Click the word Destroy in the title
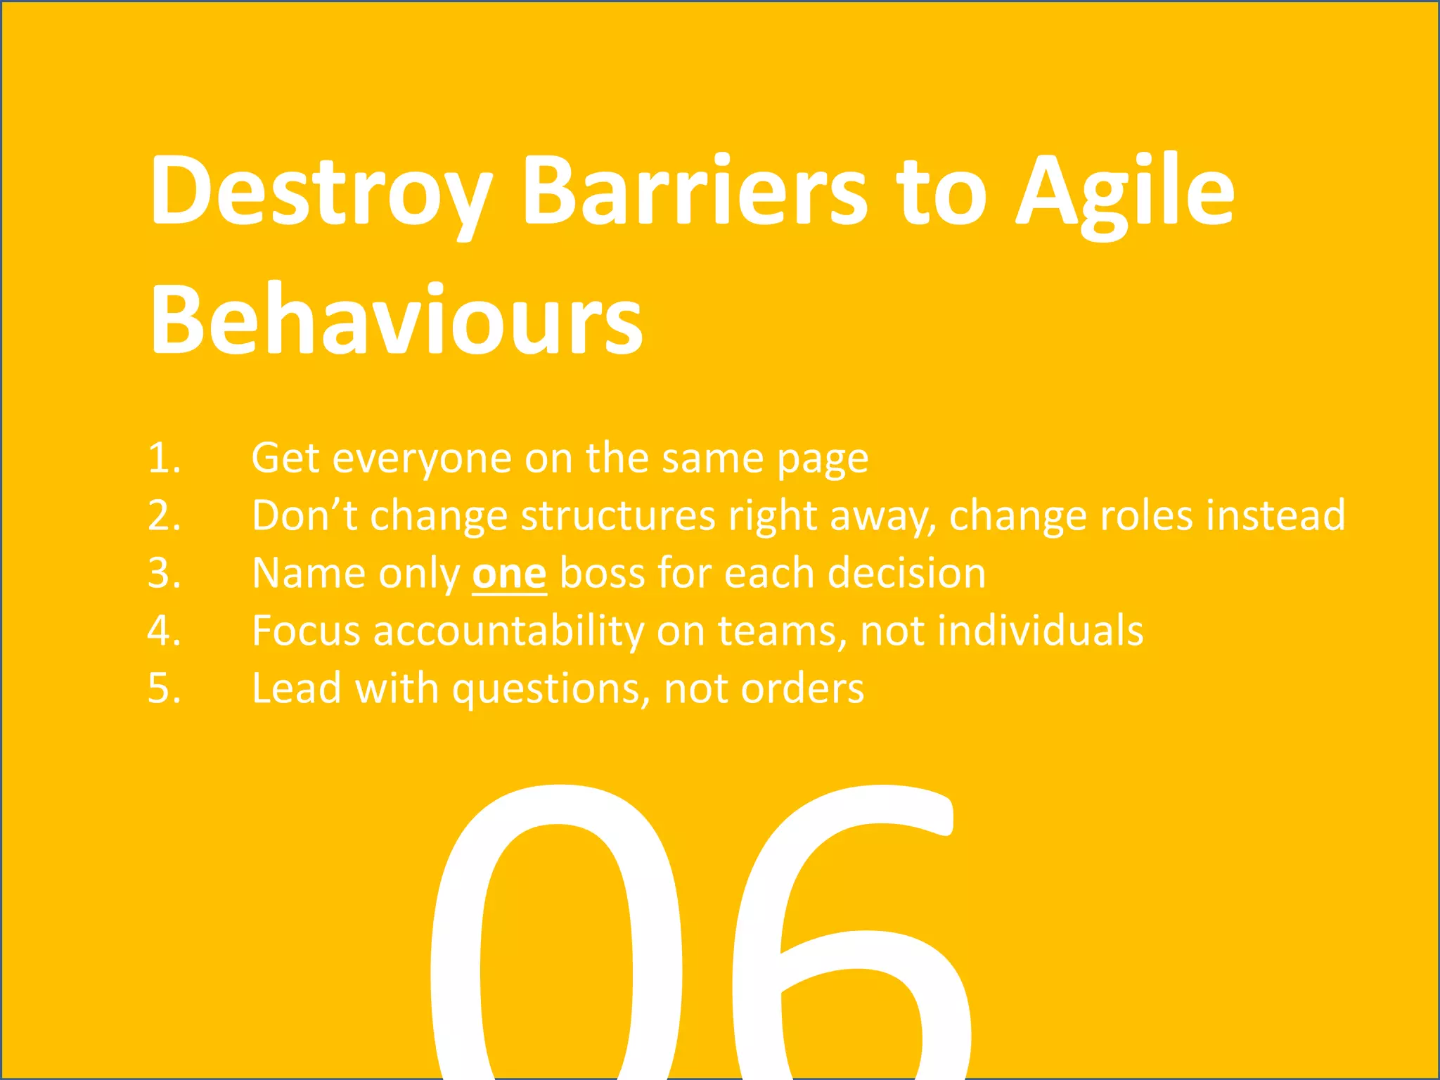320,191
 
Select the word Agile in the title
1125,191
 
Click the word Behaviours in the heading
396,320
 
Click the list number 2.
164,516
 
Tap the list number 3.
164,574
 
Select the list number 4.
164,631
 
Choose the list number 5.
164,688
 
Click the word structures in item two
618,516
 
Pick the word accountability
508,631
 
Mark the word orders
802,688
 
